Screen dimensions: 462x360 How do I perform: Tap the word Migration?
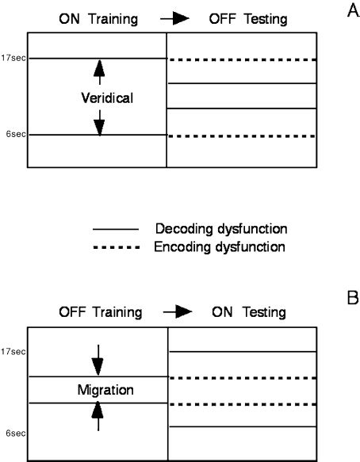(98, 391)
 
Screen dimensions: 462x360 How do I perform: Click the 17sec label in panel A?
(15, 58)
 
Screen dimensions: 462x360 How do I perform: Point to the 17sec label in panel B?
(15, 351)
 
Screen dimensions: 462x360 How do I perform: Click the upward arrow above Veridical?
(99, 72)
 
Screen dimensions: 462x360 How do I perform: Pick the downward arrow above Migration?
(98, 360)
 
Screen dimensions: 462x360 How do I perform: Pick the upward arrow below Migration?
(98, 416)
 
